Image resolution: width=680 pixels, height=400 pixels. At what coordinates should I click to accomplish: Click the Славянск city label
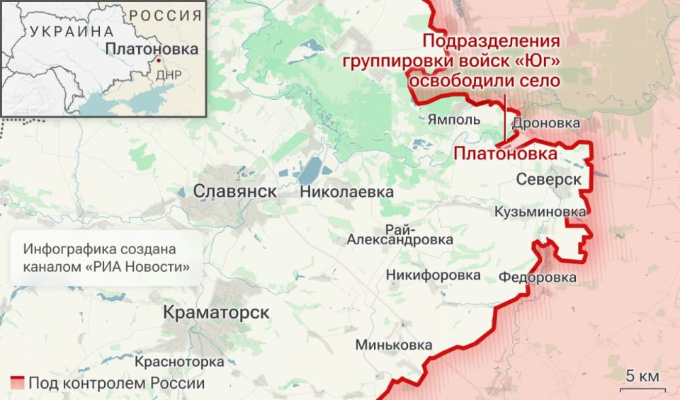235,191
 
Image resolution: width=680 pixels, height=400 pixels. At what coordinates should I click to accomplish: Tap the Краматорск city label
216,312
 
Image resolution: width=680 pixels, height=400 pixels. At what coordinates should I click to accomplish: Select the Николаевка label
346,191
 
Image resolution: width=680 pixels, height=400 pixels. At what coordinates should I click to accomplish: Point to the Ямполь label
454,120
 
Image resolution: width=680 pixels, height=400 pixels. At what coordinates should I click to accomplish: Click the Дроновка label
545,123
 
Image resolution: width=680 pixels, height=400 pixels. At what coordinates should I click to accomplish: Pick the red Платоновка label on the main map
505,154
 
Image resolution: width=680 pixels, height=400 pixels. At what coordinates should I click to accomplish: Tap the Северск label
549,180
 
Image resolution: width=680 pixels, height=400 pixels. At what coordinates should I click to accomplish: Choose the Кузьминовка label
540,212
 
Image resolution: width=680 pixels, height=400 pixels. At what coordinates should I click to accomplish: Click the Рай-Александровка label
400,234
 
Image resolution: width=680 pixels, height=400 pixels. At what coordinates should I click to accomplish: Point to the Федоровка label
537,277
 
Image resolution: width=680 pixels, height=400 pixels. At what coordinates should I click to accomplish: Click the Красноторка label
179,362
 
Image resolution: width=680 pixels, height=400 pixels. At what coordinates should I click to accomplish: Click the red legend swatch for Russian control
18,383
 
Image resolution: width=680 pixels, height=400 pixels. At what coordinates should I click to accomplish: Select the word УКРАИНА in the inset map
72,31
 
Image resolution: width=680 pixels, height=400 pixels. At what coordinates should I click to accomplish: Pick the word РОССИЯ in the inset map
165,16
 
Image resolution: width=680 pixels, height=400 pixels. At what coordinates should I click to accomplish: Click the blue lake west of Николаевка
310,171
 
